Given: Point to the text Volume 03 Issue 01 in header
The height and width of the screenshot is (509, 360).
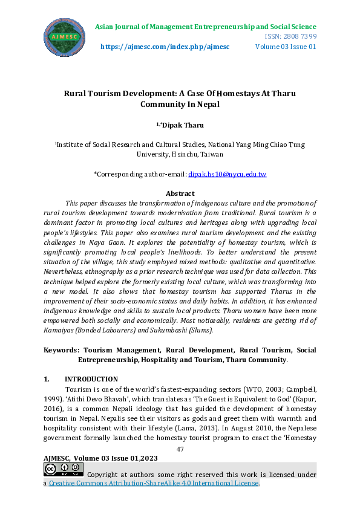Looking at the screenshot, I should tap(286, 47).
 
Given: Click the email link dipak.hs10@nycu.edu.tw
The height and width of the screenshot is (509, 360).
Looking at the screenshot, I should tap(227, 174).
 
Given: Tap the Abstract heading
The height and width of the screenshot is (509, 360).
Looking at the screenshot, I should tap(180, 193).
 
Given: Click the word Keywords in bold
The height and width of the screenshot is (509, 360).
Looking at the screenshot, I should tap(62, 350).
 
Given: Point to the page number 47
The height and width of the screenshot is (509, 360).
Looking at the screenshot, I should tap(180, 449).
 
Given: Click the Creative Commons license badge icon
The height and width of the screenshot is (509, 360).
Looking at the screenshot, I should tap(64, 470).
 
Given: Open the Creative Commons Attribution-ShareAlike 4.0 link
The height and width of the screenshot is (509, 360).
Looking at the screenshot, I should tap(154, 484).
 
